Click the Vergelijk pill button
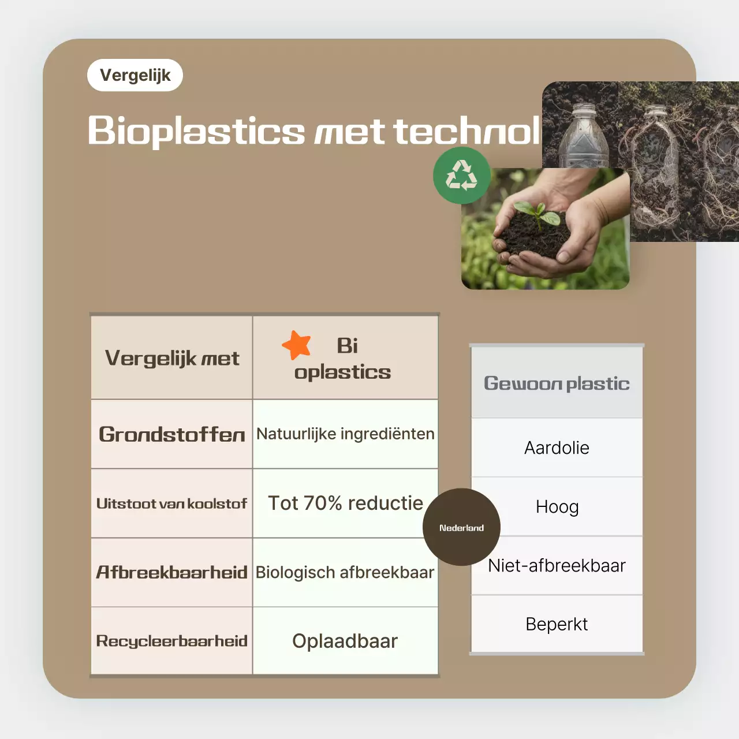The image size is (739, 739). [x=135, y=75]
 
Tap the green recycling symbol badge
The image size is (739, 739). [x=462, y=176]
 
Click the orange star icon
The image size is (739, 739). [x=297, y=345]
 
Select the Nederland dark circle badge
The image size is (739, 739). [x=461, y=527]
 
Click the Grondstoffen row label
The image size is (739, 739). [x=172, y=434]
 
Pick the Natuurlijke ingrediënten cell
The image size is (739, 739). [x=345, y=434]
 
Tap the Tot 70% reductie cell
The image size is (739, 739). [x=345, y=503]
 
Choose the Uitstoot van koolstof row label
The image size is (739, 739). [x=171, y=503]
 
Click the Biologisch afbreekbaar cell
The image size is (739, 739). [x=345, y=572]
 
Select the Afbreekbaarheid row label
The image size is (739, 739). [x=171, y=572]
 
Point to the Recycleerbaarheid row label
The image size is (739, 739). [x=171, y=641]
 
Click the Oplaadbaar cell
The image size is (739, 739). [x=345, y=641]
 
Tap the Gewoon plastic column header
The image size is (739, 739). [x=557, y=383]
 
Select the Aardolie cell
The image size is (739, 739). [x=557, y=448]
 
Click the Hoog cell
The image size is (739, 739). [x=557, y=507]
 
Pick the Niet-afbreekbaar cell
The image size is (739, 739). [x=557, y=566]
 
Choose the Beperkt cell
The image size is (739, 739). [x=557, y=624]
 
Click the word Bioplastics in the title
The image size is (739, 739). [x=196, y=130]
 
